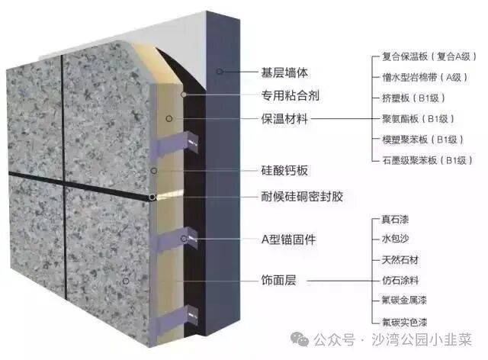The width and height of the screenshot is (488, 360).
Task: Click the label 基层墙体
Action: click(284, 72)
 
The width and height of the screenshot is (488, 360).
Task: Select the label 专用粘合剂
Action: click(290, 95)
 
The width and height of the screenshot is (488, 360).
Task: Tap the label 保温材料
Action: click(284, 119)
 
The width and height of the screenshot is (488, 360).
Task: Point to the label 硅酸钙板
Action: click(284, 170)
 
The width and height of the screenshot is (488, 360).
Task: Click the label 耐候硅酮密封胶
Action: click(302, 196)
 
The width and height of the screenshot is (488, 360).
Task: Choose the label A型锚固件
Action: click(288, 239)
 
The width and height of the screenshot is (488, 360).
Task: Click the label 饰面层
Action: click(278, 280)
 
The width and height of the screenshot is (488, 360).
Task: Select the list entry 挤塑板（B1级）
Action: click(413, 98)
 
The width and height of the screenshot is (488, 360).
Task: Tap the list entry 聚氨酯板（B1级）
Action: click(419, 119)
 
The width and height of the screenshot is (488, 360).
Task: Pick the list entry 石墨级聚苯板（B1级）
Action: click(427, 160)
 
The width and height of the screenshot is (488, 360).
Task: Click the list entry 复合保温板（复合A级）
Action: click(429, 56)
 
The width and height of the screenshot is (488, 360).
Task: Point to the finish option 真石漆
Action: click(395, 220)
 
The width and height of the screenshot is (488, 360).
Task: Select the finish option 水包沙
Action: click(395, 239)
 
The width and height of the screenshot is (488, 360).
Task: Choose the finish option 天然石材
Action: click(400, 259)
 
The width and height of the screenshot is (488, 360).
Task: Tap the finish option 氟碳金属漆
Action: click(404, 301)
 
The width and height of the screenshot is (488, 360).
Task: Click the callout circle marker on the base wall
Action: click(220, 72)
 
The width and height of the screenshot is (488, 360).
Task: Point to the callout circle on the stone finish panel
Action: click(126, 281)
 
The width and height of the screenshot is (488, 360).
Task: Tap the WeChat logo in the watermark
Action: click(300, 339)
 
